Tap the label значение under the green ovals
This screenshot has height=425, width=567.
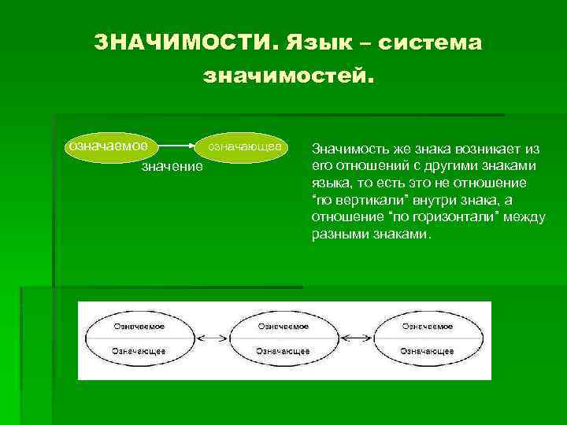[171, 167]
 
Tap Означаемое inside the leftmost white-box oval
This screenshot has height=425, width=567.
[139, 325]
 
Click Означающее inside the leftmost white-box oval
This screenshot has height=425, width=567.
[139, 351]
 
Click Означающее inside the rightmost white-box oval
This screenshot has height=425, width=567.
[428, 351]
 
